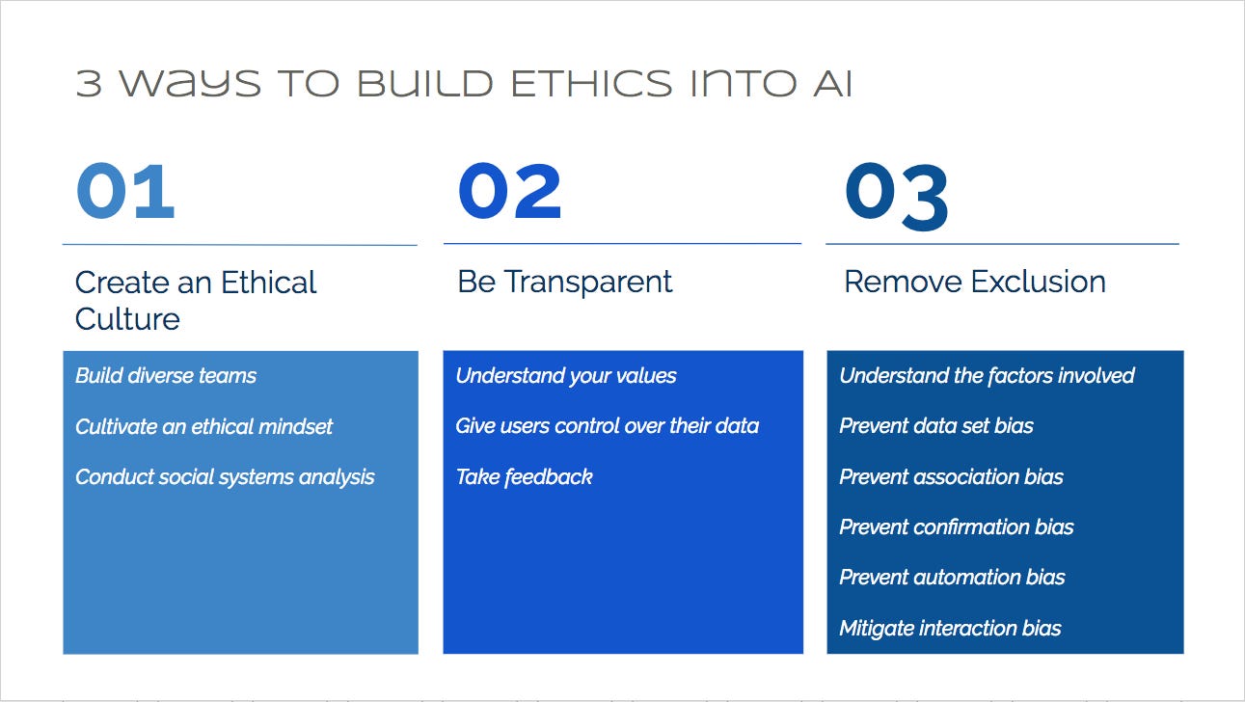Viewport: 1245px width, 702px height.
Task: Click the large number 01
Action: point(125,191)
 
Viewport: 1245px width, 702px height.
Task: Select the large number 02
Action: point(509,191)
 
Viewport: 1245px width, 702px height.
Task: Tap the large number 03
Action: point(896,196)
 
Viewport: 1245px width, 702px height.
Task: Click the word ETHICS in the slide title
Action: point(591,84)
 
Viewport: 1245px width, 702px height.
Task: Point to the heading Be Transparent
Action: point(565,282)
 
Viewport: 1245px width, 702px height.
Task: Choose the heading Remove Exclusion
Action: point(975,282)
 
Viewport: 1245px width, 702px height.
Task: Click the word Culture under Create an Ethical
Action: point(127,319)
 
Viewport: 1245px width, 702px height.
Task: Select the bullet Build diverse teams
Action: point(166,376)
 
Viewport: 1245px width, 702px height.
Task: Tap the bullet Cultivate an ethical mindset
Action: point(203,426)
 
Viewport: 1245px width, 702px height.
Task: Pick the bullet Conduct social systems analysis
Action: point(225,477)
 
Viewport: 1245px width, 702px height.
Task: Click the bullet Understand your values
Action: point(566,376)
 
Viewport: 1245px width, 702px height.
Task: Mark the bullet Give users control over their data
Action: point(607,426)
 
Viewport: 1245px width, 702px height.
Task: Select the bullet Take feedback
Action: point(524,477)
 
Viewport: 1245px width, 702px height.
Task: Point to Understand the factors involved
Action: point(988,376)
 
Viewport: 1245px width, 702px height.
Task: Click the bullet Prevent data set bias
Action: point(936,426)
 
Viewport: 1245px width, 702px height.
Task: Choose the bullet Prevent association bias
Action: point(951,477)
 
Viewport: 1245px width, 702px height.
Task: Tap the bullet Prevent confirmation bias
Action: point(957,526)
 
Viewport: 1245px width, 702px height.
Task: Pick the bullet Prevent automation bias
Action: point(952,577)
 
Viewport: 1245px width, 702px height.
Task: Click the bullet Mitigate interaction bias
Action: point(951,629)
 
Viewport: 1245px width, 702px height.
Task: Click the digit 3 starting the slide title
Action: point(89,84)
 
